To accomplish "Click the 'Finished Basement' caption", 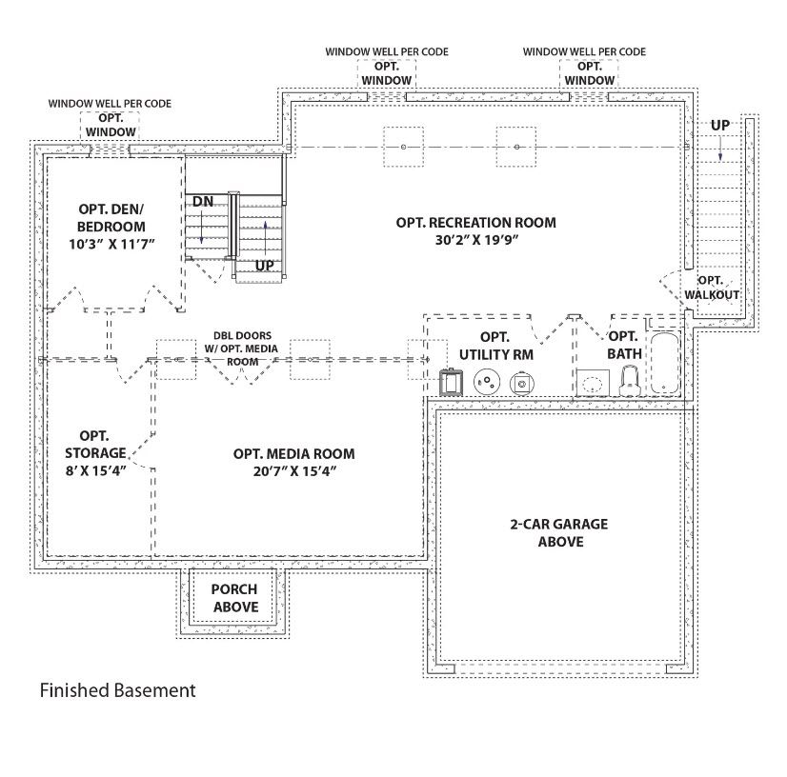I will click(x=117, y=690).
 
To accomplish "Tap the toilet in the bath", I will click(x=628, y=382).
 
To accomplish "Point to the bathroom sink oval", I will click(x=594, y=384).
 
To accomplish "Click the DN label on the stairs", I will click(x=203, y=202).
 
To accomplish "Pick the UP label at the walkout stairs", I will click(x=720, y=126).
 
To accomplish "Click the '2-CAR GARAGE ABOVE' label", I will click(x=559, y=533).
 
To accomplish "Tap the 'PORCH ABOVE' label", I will click(x=234, y=598).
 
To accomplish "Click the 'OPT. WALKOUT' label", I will click(x=712, y=288).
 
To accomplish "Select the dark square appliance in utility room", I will click(x=450, y=383).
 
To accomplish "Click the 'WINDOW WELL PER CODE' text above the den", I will click(x=111, y=103).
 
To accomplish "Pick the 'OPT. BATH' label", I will click(x=622, y=345).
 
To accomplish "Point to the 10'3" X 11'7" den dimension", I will click(x=112, y=245).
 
